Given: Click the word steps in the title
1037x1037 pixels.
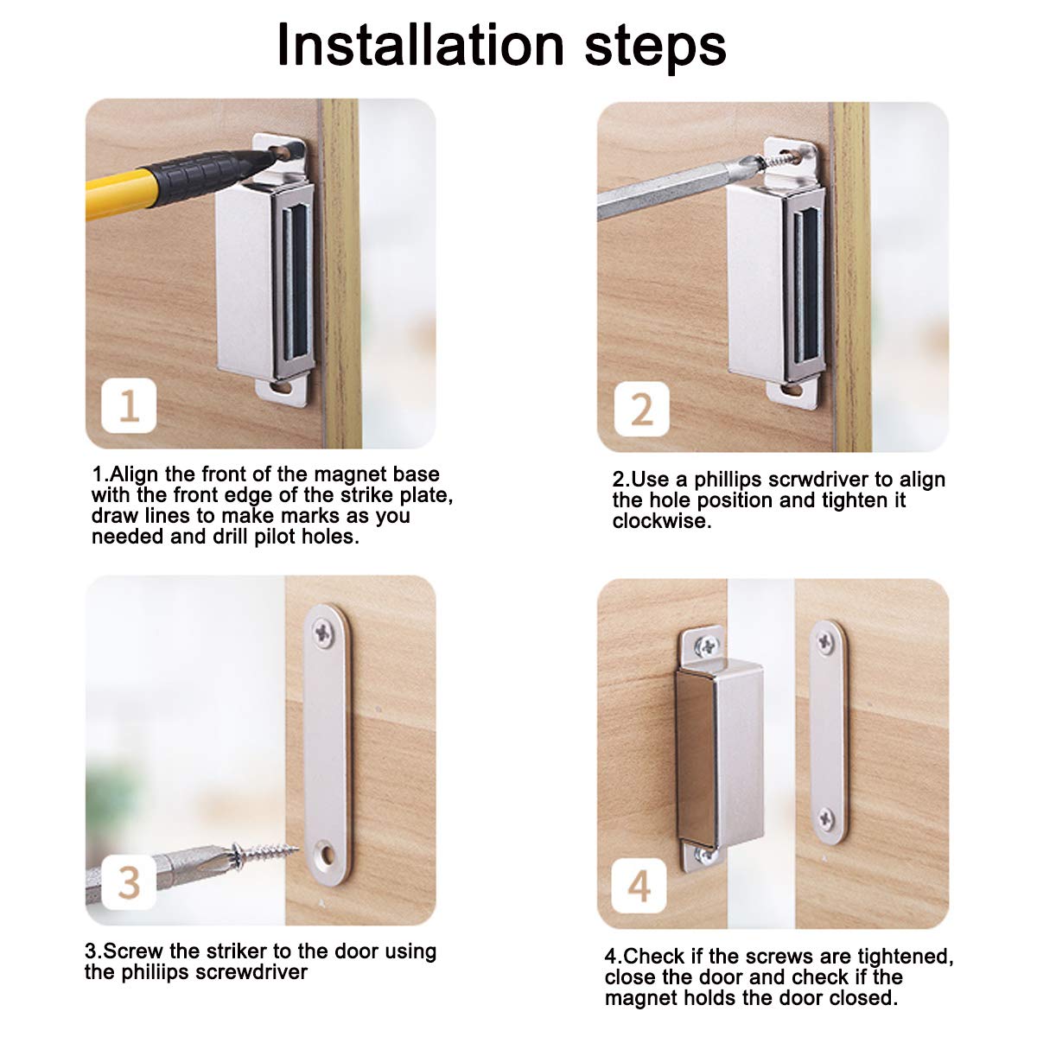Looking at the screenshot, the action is [x=655, y=48].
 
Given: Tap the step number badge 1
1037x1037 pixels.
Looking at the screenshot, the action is [x=129, y=405].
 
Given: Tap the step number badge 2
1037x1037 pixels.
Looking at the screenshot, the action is [x=641, y=409].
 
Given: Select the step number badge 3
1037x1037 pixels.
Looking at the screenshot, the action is [x=129, y=882].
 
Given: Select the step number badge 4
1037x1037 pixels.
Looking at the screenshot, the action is [x=639, y=886].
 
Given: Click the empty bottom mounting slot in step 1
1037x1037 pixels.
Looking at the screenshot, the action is [x=282, y=387].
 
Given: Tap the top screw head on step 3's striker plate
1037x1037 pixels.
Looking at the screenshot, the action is [x=323, y=632].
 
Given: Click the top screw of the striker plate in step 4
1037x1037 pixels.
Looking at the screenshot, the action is [x=825, y=641].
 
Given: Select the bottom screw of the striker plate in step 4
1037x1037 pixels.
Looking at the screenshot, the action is [x=826, y=819].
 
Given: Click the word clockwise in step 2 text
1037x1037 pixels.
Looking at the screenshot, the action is [x=662, y=521].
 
